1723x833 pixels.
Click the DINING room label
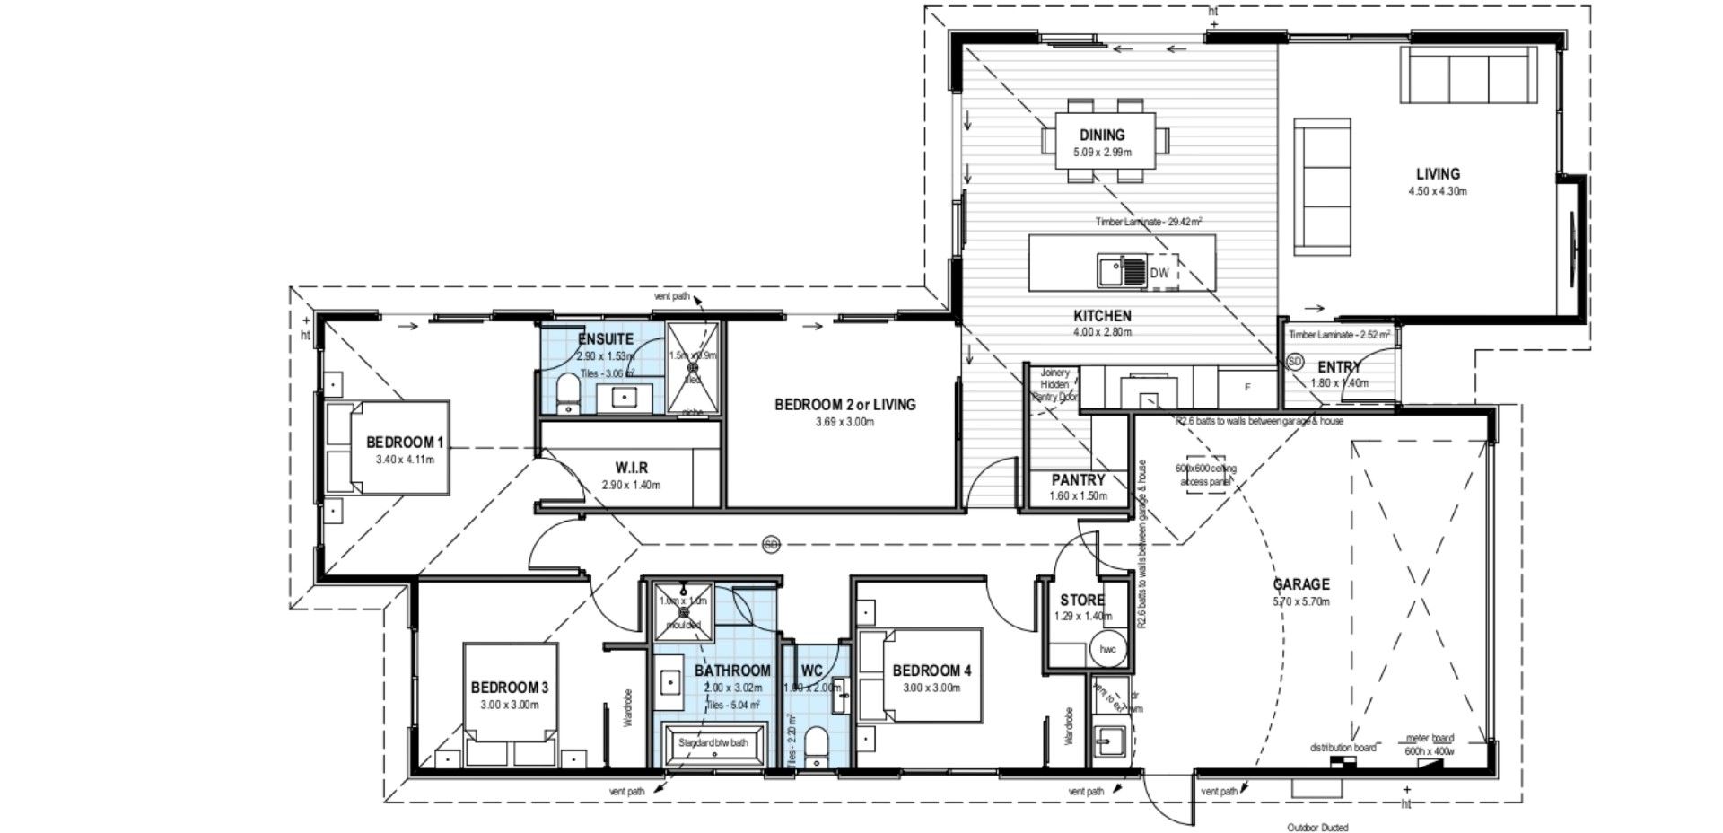[1102, 136]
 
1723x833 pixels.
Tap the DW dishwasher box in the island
[1159, 272]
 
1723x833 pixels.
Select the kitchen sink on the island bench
[1122, 271]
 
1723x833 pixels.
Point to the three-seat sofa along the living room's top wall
[1465, 77]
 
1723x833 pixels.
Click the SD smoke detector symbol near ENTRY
[1294, 361]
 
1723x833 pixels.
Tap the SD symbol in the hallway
[771, 544]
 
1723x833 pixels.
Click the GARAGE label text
[1301, 584]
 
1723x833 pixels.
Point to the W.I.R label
[631, 468]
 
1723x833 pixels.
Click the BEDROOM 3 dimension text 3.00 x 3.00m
[510, 705]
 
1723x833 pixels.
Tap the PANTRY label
[1079, 480]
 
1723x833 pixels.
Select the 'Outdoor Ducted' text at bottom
[1316, 828]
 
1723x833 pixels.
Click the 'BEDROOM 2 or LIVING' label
[845, 405]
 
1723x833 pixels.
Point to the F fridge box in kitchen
[1246, 387]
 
